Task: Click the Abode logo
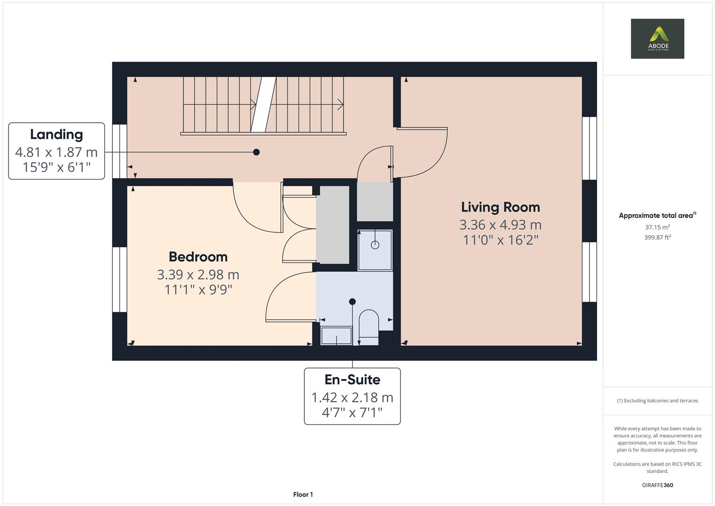tap(657, 38)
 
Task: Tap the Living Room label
tap(500, 207)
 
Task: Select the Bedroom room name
tap(198, 257)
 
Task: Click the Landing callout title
tap(57, 134)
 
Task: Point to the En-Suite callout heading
tap(352, 379)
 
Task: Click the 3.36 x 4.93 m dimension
tap(500, 225)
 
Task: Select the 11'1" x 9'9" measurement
tap(198, 290)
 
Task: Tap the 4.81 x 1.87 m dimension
tap(57, 152)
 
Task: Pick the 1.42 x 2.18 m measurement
tap(352, 398)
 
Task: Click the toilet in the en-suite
tap(369, 327)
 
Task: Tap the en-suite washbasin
tap(336, 336)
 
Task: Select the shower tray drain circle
tap(375, 245)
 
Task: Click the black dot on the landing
tap(256, 152)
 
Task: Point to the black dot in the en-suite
tap(352, 302)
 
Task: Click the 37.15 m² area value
tap(657, 227)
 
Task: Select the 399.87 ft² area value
tap(657, 238)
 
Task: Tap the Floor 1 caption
tap(303, 494)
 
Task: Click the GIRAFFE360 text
tap(657, 485)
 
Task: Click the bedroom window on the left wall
tap(119, 280)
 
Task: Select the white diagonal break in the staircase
tap(263, 104)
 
